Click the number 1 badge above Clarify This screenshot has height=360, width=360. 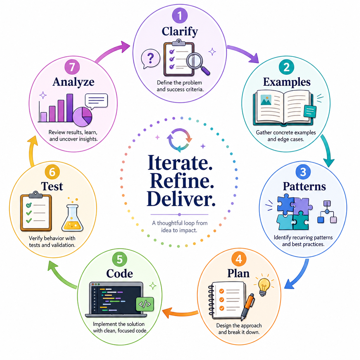pyautogui.click(x=180, y=15)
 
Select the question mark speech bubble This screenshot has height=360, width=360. pyautogui.click(x=150, y=59)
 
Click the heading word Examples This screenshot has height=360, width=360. pyautogui.click(x=287, y=82)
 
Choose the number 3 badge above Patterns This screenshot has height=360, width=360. pyautogui.click(x=303, y=172)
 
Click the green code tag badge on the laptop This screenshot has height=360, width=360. pyautogui.click(x=145, y=304)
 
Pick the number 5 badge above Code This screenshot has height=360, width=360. pyautogui.click(x=120, y=259)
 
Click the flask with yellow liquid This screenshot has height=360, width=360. pyautogui.click(x=72, y=218)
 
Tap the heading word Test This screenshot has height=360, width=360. pyautogui.click(x=52, y=186)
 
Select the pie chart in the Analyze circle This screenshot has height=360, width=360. pyautogui.click(x=82, y=117)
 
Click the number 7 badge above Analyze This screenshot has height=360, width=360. pyautogui.click(x=72, y=67)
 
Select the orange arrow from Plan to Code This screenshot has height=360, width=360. pyautogui.click(x=180, y=313)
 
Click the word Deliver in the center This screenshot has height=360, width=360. pyautogui.click(x=181, y=199)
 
